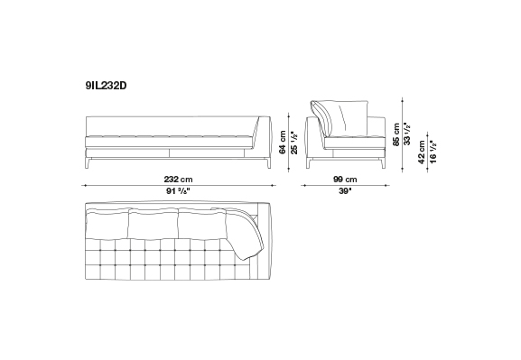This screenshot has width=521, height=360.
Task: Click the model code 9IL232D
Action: pyautogui.click(x=106, y=86)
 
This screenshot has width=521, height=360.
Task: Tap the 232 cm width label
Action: pyautogui.click(x=178, y=180)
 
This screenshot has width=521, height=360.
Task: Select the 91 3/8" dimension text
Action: pyautogui.click(x=178, y=191)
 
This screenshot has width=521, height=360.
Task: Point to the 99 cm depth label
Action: pyautogui.click(x=345, y=180)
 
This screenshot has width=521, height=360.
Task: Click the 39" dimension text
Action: pyautogui.click(x=345, y=191)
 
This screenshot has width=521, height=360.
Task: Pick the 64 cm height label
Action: pyautogui.click(x=283, y=143)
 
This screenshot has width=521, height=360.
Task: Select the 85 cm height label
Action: pyautogui.click(x=396, y=134)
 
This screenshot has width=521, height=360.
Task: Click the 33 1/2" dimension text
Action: pyautogui.click(x=407, y=134)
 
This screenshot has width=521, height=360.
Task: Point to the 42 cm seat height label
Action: pyautogui.click(x=422, y=152)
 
